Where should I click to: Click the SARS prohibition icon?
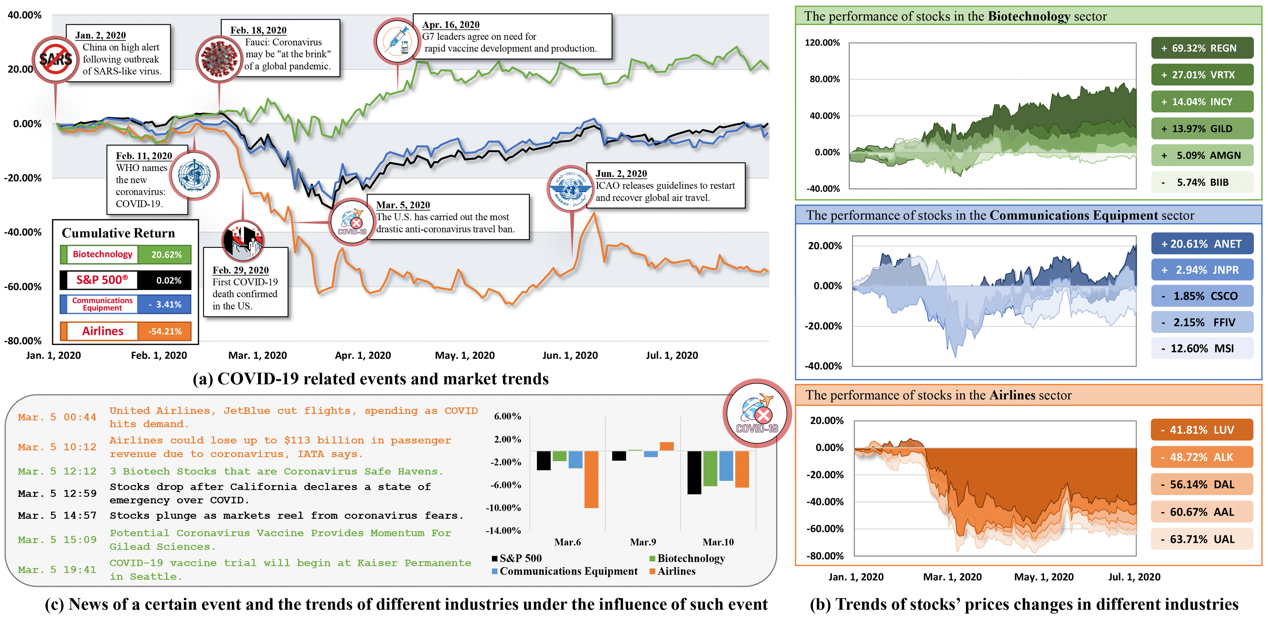coord(55,59)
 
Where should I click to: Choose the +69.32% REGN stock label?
coord(1202,48)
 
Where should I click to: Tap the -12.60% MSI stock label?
coord(1202,348)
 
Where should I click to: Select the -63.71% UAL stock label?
coord(1202,539)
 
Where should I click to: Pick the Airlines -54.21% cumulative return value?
coord(165,331)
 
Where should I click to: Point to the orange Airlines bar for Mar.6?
coord(591,479)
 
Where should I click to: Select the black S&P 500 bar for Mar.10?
coord(694,472)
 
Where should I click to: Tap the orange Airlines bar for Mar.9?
coord(667,446)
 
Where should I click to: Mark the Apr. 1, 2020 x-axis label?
coord(363,355)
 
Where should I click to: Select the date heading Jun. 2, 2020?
coord(621,174)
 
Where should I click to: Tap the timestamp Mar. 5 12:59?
coord(57,494)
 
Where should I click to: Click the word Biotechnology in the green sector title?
coord(1029,16)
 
